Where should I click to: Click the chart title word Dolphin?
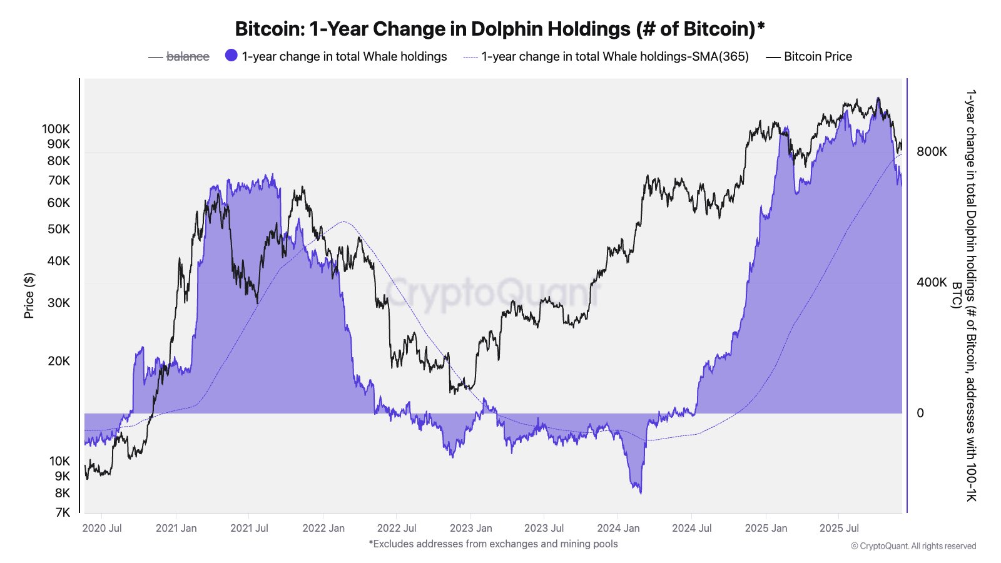[507, 29]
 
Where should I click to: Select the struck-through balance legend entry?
[187, 56]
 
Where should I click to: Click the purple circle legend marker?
[231, 56]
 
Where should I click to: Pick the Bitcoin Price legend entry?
[817, 56]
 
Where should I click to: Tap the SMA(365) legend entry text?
[614, 56]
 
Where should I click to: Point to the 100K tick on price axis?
[56, 129]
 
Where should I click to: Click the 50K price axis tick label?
[59, 229]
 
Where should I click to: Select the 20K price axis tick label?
[59, 361]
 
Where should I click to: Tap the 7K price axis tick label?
[63, 512]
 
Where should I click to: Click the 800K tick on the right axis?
[932, 151]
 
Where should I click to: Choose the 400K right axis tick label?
[932, 282]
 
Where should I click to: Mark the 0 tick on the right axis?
[920, 413]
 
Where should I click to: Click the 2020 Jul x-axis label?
[102, 528]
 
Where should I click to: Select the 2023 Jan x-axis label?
[471, 528]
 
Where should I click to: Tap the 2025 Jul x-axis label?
[839, 528]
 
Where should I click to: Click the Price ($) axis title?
[29, 295]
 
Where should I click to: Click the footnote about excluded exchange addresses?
[493, 544]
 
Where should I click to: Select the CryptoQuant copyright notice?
[913, 546]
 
